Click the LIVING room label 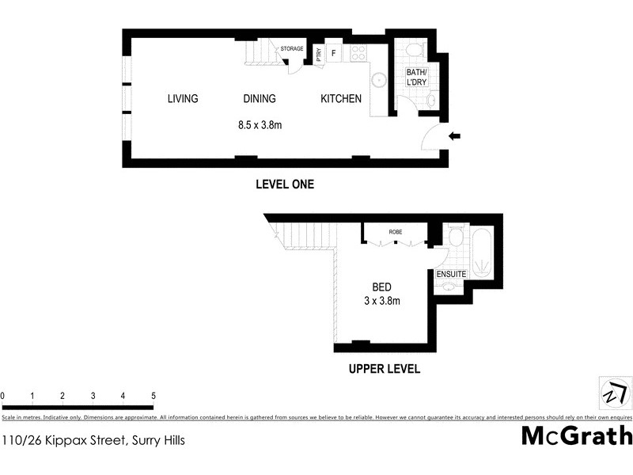[183, 99]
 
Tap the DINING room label [259, 99]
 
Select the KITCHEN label [341, 99]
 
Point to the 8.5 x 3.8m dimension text [260, 124]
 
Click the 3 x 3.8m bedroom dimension [382, 301]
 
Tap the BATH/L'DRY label [416, 76]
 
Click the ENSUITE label [451, 274]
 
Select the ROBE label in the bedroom [395, 232]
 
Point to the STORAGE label [292, 49]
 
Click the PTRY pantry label [319, 54]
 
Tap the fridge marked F [334, 54]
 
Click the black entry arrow [454, 137]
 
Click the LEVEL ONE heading [285, 184]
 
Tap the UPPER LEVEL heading [385, 369]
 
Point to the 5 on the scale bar [153, 396]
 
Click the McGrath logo [577, 435]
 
